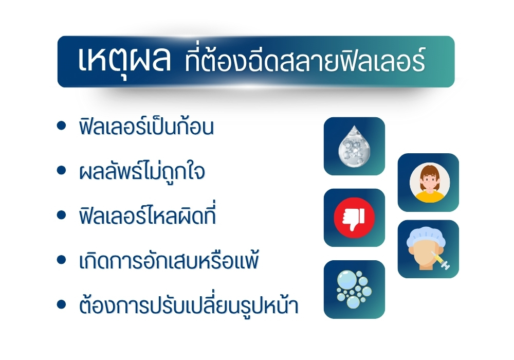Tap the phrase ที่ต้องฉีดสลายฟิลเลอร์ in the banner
click(x=305, y=60)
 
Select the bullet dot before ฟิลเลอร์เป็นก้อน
click(x=61, y=125)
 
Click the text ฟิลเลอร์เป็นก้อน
click(x=146, y=125)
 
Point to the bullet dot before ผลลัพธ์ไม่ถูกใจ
click(x=61, y=171)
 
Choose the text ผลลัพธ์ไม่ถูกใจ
click(x=142, y=171)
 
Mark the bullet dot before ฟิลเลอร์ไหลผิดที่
click(x=61, y=215)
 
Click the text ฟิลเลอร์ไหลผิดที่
click(x=147, y=214)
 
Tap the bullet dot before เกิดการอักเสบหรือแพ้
click(x=61, y=260)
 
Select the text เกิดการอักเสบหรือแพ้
click(x=169, y=260)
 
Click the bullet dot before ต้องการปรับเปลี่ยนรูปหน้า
click(x=61, y=304)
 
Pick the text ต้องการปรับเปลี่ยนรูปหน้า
click(x=189, y=305)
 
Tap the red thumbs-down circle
click(x=354, y=218)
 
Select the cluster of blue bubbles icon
click(x=354, y=290)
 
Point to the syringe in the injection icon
click(x=440, y=260)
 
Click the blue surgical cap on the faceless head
click(x=426, y=238)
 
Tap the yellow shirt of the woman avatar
click(x=429, y=197)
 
